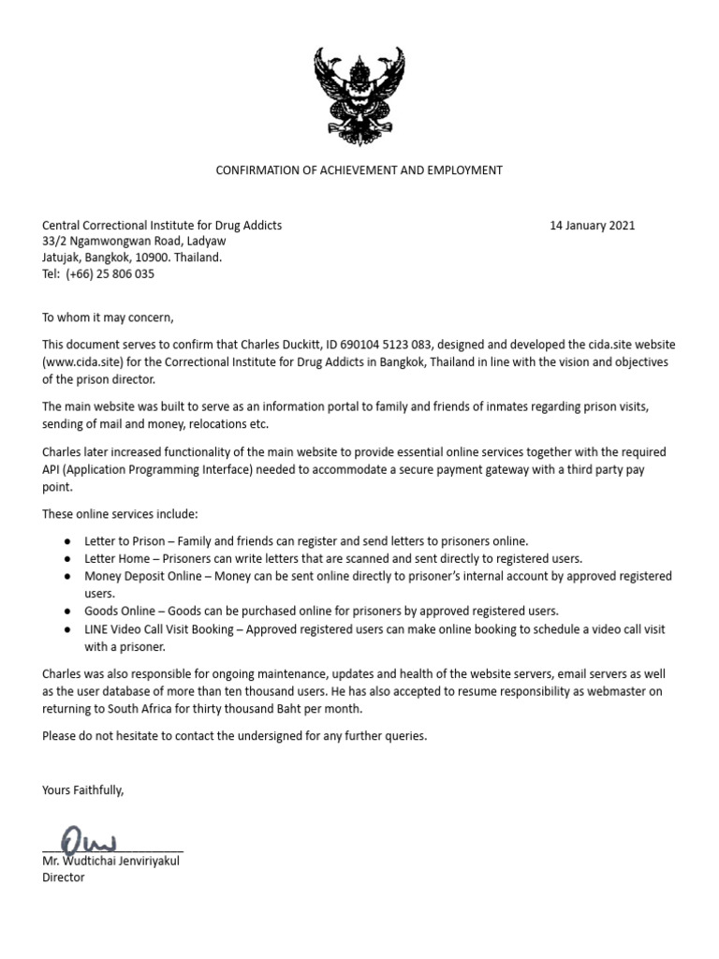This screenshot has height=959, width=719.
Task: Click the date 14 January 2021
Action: tap(592, 226)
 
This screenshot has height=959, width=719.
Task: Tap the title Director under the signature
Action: tap(64, 878)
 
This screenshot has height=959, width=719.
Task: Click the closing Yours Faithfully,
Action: tap(82, 790)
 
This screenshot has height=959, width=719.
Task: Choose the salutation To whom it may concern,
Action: tap(108, 317)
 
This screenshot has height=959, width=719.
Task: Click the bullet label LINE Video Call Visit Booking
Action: tap(159, 629)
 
